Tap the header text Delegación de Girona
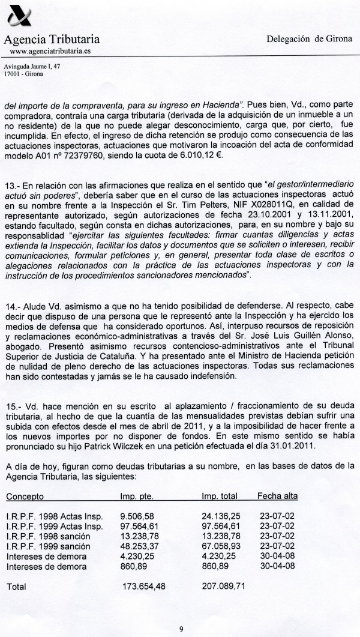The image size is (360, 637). tap(309, 38)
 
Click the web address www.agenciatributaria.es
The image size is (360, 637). tap(50, 52)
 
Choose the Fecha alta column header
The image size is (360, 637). tap(277, 496)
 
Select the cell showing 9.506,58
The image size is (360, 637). tap(136, 516)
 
